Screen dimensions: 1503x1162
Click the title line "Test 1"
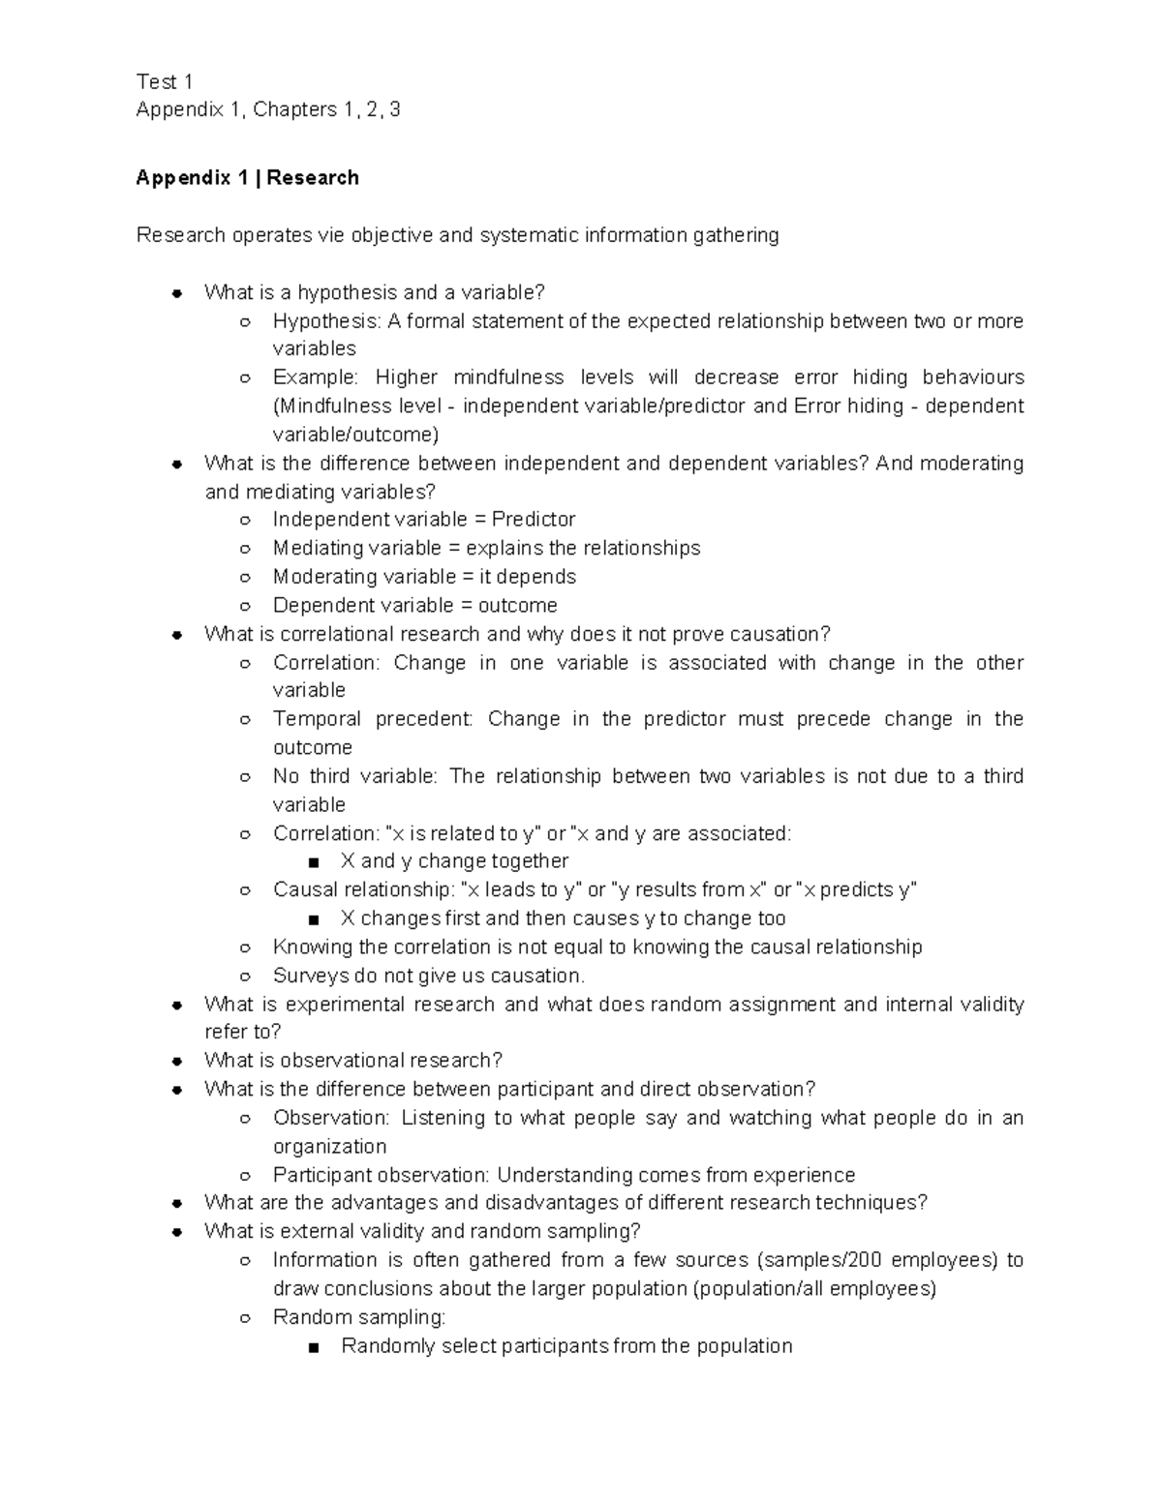coord(165,81)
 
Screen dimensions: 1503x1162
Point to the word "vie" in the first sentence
coord(331,235)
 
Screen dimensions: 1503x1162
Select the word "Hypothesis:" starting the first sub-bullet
coord(327,320)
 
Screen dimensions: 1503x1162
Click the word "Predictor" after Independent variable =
coord(534,519)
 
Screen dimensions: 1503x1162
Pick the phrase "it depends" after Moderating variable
coord(528,577)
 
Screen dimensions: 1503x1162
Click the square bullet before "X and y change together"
coord(312,862)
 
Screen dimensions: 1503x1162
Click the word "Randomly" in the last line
coord(387,1345)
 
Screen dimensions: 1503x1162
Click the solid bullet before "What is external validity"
coord(177,1232)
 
